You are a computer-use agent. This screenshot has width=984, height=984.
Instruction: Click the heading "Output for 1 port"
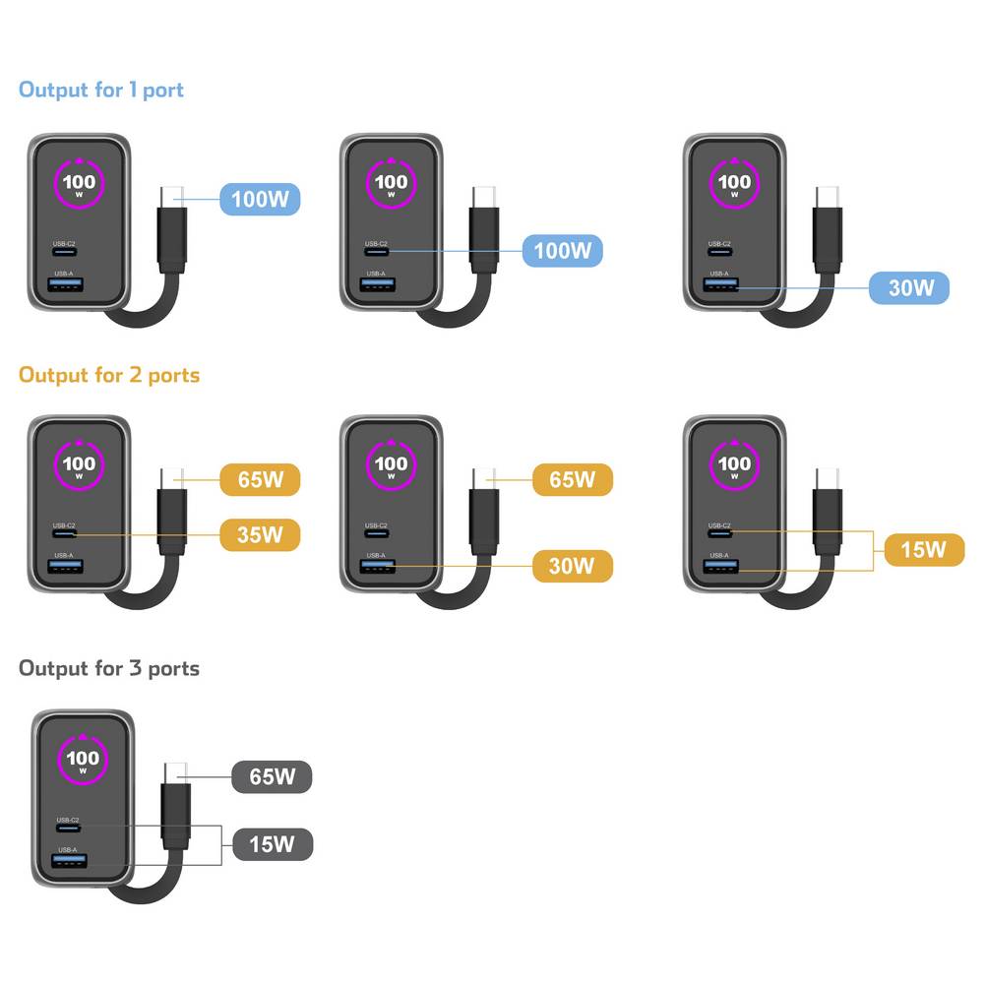pos(101,91)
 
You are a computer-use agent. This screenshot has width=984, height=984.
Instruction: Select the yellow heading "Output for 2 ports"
pos(109,375)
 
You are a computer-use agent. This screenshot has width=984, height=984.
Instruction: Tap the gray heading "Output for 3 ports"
pos(109,669)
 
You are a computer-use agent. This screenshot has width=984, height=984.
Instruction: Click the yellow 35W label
pos(259,535)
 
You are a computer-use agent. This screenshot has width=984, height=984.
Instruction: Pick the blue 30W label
pos(909,288)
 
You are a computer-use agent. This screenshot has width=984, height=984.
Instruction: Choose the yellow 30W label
pos(572,566)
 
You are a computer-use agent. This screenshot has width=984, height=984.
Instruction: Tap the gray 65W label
pos(272,776)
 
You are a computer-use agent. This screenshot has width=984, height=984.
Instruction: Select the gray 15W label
pos(272,843)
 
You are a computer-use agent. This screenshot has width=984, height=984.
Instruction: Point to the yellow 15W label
pos(923,548)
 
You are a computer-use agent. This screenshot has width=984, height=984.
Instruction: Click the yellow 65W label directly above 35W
pos(259,480)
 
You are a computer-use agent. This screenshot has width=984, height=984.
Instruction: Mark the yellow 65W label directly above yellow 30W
pos(572,480)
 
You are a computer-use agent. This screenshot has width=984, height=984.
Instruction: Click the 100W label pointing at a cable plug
pos(259,200)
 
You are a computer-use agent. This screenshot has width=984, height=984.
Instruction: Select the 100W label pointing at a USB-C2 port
pos(561,250)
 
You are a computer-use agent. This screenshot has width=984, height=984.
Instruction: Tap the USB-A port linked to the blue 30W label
pos(721,287)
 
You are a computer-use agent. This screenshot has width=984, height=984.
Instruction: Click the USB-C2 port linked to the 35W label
pos(65,534)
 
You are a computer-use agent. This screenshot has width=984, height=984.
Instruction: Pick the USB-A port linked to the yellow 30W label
pos(378,566)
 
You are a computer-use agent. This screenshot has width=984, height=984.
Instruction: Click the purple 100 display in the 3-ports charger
pos(83,759)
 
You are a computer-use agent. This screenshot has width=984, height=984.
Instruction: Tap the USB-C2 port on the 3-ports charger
pos(69,830)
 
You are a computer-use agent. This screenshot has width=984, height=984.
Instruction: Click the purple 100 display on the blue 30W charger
pos(734,182)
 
